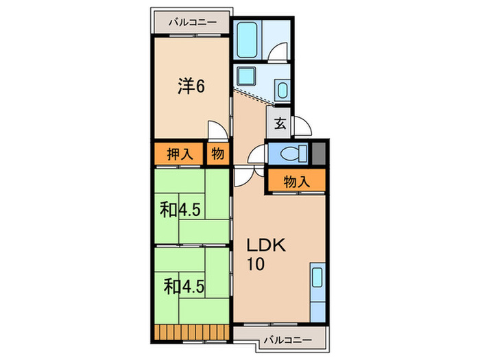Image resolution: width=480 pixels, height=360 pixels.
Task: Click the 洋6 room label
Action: (x=191, y=86)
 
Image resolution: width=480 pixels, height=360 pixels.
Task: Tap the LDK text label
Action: (x=266, y=245)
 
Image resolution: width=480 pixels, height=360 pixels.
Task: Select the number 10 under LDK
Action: (x=256, y=264)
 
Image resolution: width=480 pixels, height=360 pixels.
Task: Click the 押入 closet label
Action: (x=180, y=154)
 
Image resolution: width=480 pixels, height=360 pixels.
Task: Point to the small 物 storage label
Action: (x=217, y=154)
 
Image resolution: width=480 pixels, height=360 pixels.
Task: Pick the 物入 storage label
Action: (x=297, y=182)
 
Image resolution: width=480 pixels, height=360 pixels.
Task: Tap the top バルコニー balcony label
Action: (x=193, y=23)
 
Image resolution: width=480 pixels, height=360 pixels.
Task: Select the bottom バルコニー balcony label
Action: (x=288, y=340)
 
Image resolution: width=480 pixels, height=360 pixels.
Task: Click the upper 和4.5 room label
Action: (x=180, y=210)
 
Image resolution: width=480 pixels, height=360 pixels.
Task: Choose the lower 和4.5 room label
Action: (x=184, y=287)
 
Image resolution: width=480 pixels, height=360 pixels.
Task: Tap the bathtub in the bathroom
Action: (x=247, y=40)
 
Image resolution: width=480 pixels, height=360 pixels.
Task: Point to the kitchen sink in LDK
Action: (x=317, y=277)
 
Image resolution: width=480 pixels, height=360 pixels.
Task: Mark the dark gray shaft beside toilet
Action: (x=319, y=153)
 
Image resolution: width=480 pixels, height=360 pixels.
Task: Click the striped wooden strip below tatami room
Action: (x=191, y=332)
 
